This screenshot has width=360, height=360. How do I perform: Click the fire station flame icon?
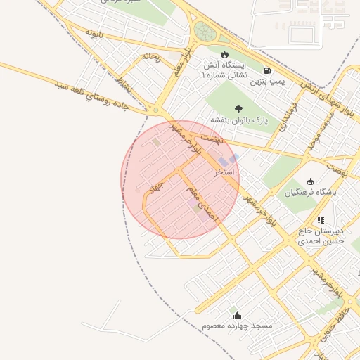pyautogui.click(x=224, y=54)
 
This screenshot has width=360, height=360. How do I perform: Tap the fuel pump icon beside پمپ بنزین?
pyautogui.click(x=267, y=70)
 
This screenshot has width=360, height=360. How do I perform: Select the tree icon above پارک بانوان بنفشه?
pyautogui.click(x=239, y=108)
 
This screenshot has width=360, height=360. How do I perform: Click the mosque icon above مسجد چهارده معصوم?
pyautogui.click(x=237, y=315)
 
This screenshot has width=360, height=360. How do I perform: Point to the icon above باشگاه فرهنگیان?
pyautogui.click(x=311, y=181)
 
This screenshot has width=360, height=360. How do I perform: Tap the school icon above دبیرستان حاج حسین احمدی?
pyautogui.click(x=321, y=220)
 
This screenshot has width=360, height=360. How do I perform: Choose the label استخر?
pyautogui.click(x=225, y=172)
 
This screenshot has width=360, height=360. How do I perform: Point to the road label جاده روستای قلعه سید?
pyautogui.click(x=98, y=92)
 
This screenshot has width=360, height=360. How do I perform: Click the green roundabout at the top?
pyautogui.click(x=205, y=32)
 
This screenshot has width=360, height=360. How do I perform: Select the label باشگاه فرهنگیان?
pyautogui.click(x=311, y=192)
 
